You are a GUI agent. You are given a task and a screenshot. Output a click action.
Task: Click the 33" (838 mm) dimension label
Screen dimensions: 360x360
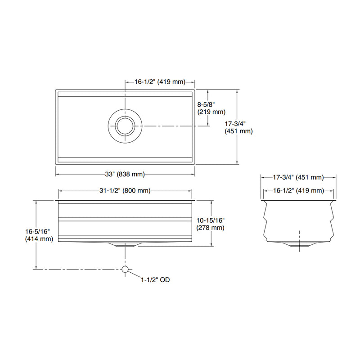125,174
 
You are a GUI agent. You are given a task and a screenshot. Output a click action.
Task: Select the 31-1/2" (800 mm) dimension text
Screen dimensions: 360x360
125,191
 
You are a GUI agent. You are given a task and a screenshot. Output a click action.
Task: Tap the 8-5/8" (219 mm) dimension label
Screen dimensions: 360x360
211,108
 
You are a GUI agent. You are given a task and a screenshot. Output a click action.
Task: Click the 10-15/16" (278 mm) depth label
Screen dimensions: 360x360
211,224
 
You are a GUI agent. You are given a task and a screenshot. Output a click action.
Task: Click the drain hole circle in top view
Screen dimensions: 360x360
125,125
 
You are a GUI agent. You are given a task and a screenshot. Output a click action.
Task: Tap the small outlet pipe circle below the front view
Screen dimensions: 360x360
125,269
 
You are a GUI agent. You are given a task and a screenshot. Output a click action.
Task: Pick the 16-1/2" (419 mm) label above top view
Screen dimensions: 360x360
160,82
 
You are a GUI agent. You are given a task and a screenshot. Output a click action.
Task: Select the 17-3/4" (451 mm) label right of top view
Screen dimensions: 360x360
238,127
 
